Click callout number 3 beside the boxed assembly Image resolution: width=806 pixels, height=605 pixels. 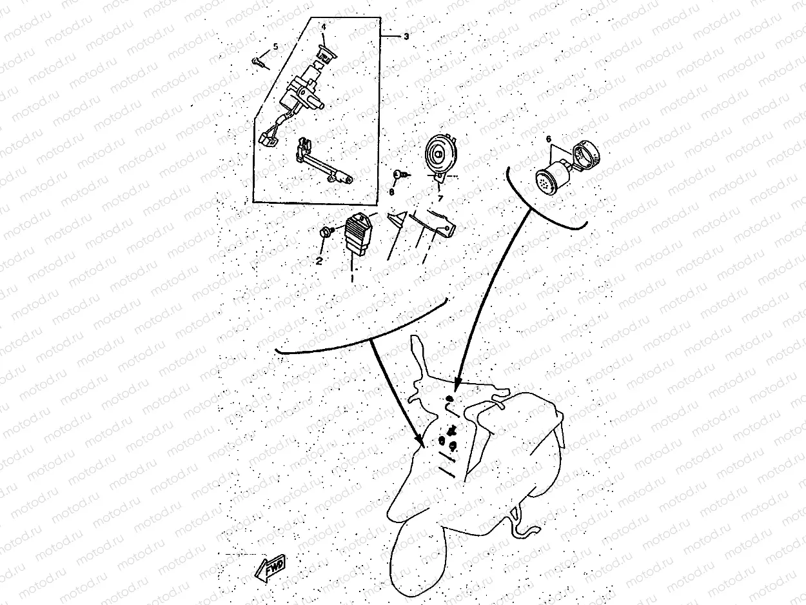coord(406,37)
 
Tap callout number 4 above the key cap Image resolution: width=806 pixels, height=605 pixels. coord(324,27)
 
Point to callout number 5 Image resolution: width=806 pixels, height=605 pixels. coord(275,46)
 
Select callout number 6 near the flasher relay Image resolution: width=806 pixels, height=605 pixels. coord(549,139)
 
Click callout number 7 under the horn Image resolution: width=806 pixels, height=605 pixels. coord(440,199)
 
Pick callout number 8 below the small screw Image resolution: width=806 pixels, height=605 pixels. coord(392,192)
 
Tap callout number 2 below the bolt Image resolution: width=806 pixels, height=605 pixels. coord(319,261)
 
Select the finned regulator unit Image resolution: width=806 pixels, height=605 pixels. coord(358,234)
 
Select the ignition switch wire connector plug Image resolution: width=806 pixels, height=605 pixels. coord(267,138)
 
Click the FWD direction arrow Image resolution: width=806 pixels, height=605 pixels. coord(270,567)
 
